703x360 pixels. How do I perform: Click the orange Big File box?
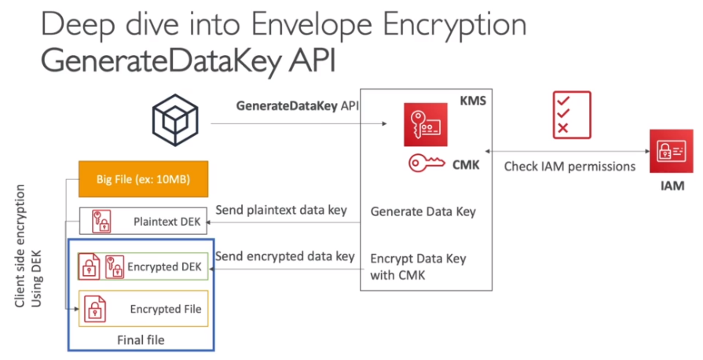coord(134,180)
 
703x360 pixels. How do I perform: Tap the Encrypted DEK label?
coord(165,267)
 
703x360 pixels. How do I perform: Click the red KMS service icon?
coord(424,125)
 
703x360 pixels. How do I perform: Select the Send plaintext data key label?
coord(282,211)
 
